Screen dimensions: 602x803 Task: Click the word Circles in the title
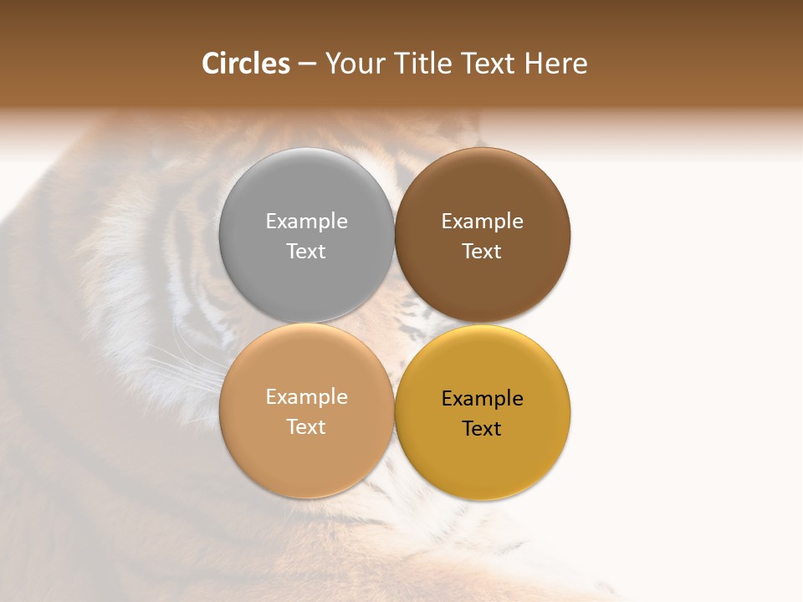245,64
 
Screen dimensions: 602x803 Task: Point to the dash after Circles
307,64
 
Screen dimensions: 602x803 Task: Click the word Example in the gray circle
306,222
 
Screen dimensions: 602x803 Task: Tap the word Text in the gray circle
306,252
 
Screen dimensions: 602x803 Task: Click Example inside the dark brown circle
483,222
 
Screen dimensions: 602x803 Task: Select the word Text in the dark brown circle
483,252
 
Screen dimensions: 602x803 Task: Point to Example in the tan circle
306,397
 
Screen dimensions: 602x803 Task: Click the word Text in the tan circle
306,427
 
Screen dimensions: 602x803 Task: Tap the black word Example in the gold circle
483,399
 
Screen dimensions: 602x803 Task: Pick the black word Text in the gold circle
483,429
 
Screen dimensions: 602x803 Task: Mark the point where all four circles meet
395,323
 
